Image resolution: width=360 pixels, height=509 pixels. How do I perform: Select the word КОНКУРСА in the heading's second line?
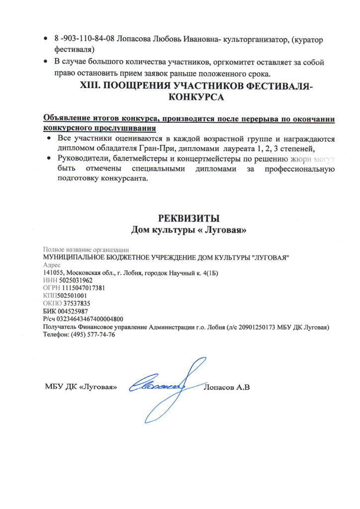[x=196, y=97]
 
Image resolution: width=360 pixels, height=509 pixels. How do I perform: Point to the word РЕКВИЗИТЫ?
[x=188, y=218]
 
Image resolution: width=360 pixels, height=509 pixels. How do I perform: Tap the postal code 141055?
[x=53, y=273]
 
